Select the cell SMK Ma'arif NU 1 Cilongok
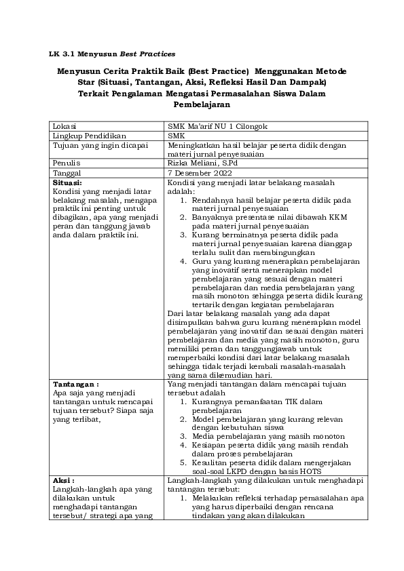point(214,126)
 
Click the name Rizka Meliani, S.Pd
point(203,163)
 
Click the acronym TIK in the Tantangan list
point(282,402)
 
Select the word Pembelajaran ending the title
point(202,105)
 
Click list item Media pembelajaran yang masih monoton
point(268,436)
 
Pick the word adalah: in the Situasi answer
point(180,192)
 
